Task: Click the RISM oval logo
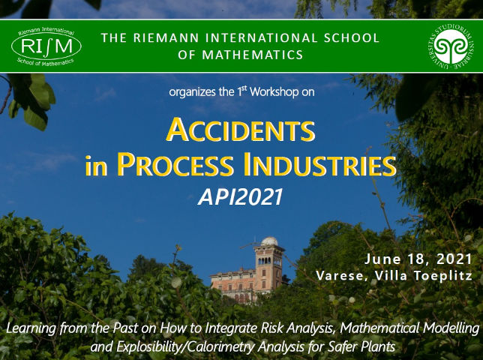tap(46, 46)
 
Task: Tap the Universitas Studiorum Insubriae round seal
tap(451, 46)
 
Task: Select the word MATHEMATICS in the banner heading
tap(253, 55)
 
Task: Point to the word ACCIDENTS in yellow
tap(241, 130)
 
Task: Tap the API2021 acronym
tap(241, 196)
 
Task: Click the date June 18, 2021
tap(418, 259)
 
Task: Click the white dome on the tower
tap(269, 241)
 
